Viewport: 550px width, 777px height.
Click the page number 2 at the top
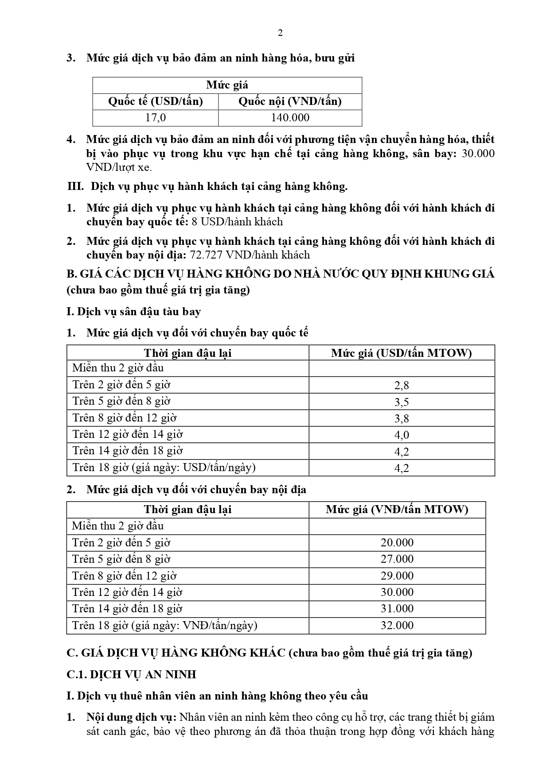point(280,33)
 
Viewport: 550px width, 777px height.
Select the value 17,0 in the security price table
point(156,118)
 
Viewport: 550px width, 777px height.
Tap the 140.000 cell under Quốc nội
point(290,118)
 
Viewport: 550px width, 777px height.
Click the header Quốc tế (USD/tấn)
point(156,101)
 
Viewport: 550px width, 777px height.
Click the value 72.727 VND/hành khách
point(250,255)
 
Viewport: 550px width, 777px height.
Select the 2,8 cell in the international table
point(402,385)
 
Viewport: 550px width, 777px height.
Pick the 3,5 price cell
point(402,402)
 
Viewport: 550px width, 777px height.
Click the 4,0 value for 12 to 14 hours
point(402,435)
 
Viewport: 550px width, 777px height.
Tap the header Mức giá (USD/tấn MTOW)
point(402,353)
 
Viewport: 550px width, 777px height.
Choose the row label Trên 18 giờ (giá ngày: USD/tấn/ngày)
point(164,468)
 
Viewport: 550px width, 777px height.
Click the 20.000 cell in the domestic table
point(397,543)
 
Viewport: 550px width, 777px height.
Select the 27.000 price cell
point(397,559)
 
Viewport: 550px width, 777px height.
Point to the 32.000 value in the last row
point(397,625)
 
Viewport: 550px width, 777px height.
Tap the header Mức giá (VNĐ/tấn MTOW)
point(397,510)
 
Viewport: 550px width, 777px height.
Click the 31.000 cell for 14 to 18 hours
point(397,609)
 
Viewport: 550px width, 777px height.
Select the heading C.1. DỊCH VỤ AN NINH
point(131,674)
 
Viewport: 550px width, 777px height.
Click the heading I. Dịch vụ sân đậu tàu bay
point(133,312)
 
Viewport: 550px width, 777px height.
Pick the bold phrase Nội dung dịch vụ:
point(132,717)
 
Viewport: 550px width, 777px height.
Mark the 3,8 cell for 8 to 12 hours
point(402,418)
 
